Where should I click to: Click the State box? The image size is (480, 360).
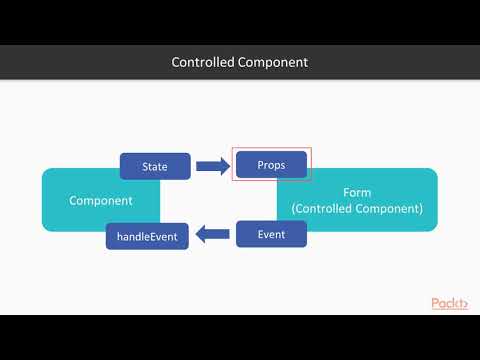click(x=155, y=166)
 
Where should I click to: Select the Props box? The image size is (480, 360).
click(x=271, y=164)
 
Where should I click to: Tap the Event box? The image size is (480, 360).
click(x=271, y=234)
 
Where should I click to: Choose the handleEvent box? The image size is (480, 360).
click(x=147, y=237)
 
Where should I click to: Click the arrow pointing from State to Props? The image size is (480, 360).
click(x=212, y=166)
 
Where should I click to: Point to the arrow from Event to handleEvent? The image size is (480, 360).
click(x=212, y=235)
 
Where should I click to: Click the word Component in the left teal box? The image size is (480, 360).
click(x=101, y=200)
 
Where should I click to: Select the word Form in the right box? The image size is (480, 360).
click(x=357, y=193)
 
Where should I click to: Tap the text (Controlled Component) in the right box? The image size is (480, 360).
click(x=357, y=209)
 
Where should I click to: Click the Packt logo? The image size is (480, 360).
click(x=449, y=303)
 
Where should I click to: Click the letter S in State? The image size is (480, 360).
click(x=144, y=166)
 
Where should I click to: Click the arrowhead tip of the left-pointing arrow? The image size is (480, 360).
click(x=197, y=235)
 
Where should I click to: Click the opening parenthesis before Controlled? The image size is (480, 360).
click(x=294, y=209)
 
